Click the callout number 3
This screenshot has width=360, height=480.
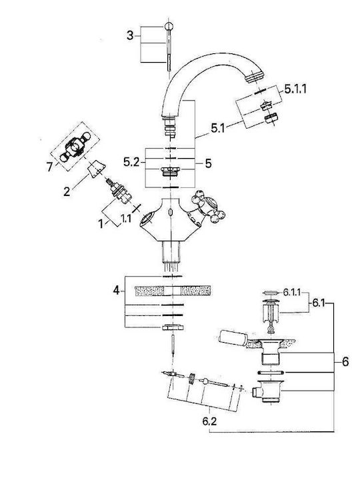pos(130,36)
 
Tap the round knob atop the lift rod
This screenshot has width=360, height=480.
pos(169,26)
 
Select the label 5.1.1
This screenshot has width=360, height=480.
pos(295,89)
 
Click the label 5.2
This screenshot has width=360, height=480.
pos(131,162)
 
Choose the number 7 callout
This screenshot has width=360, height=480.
pos(49,167)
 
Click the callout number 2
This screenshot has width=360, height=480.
pos(67,191)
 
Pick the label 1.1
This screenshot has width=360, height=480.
pos(126,218)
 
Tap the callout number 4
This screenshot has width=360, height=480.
pos(116,290)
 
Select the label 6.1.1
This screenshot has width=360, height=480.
pos(291,293)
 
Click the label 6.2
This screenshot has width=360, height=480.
pos(209,421)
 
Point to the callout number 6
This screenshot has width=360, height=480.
pos(345,362)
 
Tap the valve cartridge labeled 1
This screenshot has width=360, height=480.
pos(120,192)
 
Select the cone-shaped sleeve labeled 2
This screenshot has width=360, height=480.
pos(97,168)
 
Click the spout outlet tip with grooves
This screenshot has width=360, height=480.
pos(255,75)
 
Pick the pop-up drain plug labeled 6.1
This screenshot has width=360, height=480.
pos(270,314)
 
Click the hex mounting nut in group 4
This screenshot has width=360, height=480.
pos(173,327)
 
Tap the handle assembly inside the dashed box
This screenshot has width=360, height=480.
pos(75,146)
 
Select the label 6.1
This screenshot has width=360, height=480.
pos(318,303)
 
